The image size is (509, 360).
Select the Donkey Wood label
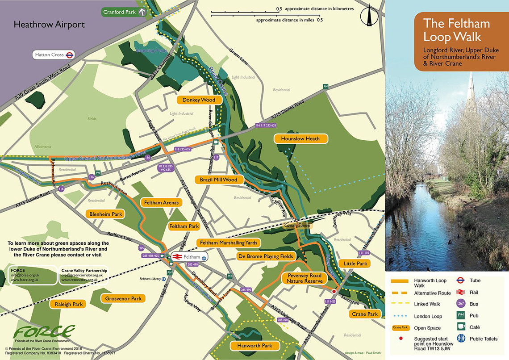coord(199,100)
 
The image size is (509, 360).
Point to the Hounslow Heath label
coord(300,139)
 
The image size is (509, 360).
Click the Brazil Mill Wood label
coord(219,180)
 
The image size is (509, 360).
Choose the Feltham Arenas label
coord(161,203)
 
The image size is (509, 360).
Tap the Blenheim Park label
coord(106,214)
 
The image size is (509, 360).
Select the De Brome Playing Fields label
coord(265,256)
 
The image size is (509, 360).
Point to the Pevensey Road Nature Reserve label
coord(304,278)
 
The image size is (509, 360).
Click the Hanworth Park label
coord(254,346)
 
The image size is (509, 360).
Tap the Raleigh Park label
coord(69,304)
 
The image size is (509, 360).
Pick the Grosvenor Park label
coord(123,298)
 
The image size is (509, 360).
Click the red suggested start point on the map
coord(333,291)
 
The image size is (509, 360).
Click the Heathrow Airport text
coord(49,25)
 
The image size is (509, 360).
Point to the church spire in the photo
coord(470,92)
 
